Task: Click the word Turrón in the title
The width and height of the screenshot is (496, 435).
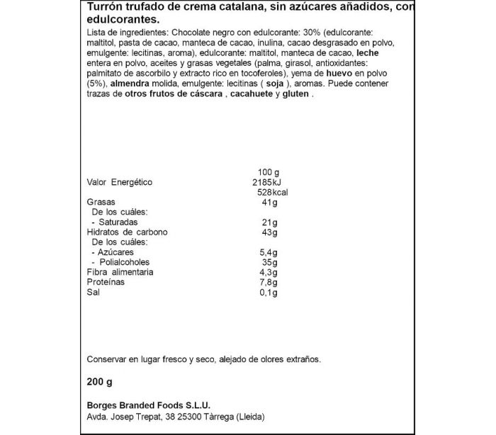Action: pos(104,8)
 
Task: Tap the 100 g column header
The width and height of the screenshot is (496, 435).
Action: pos(270,172)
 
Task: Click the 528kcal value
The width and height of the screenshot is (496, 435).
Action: pos(271,193)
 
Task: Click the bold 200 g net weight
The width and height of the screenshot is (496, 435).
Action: pos(100,383)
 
